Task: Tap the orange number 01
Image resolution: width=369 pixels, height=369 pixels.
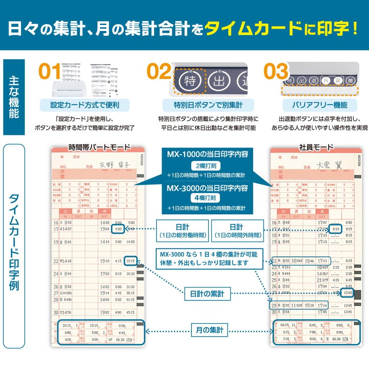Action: (x=50, y=72)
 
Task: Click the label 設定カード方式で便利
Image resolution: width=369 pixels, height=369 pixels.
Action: (x=85, y=105)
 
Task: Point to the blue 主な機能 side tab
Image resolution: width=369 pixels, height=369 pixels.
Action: (x=14, y=97)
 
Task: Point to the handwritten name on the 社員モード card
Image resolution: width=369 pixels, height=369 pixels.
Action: (x=328, y=165)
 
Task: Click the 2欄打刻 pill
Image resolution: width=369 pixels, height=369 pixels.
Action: (x=205, y=166)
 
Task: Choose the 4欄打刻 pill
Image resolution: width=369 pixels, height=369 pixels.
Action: (x=205, y=198)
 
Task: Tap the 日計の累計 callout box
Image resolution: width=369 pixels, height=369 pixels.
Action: (x=208, y=294)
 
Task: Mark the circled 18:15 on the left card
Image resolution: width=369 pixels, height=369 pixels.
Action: (x=131, y=261)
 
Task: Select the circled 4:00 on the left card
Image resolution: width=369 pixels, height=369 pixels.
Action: (x=118, y=229)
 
